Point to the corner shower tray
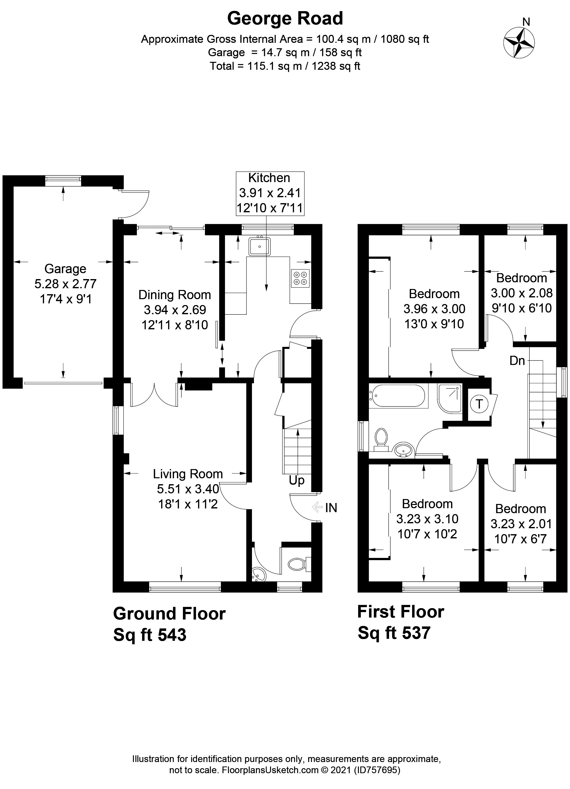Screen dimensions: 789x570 tap(450, 398)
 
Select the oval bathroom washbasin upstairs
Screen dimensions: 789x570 tap(403, 450)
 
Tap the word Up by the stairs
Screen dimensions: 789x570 tap(297, 481)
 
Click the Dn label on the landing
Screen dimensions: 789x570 tap(517, 361)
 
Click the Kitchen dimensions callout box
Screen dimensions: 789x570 tap(270, 193)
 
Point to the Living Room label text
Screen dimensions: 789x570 tap(188, 474)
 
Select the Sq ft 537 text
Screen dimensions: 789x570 tap(394, 633)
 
